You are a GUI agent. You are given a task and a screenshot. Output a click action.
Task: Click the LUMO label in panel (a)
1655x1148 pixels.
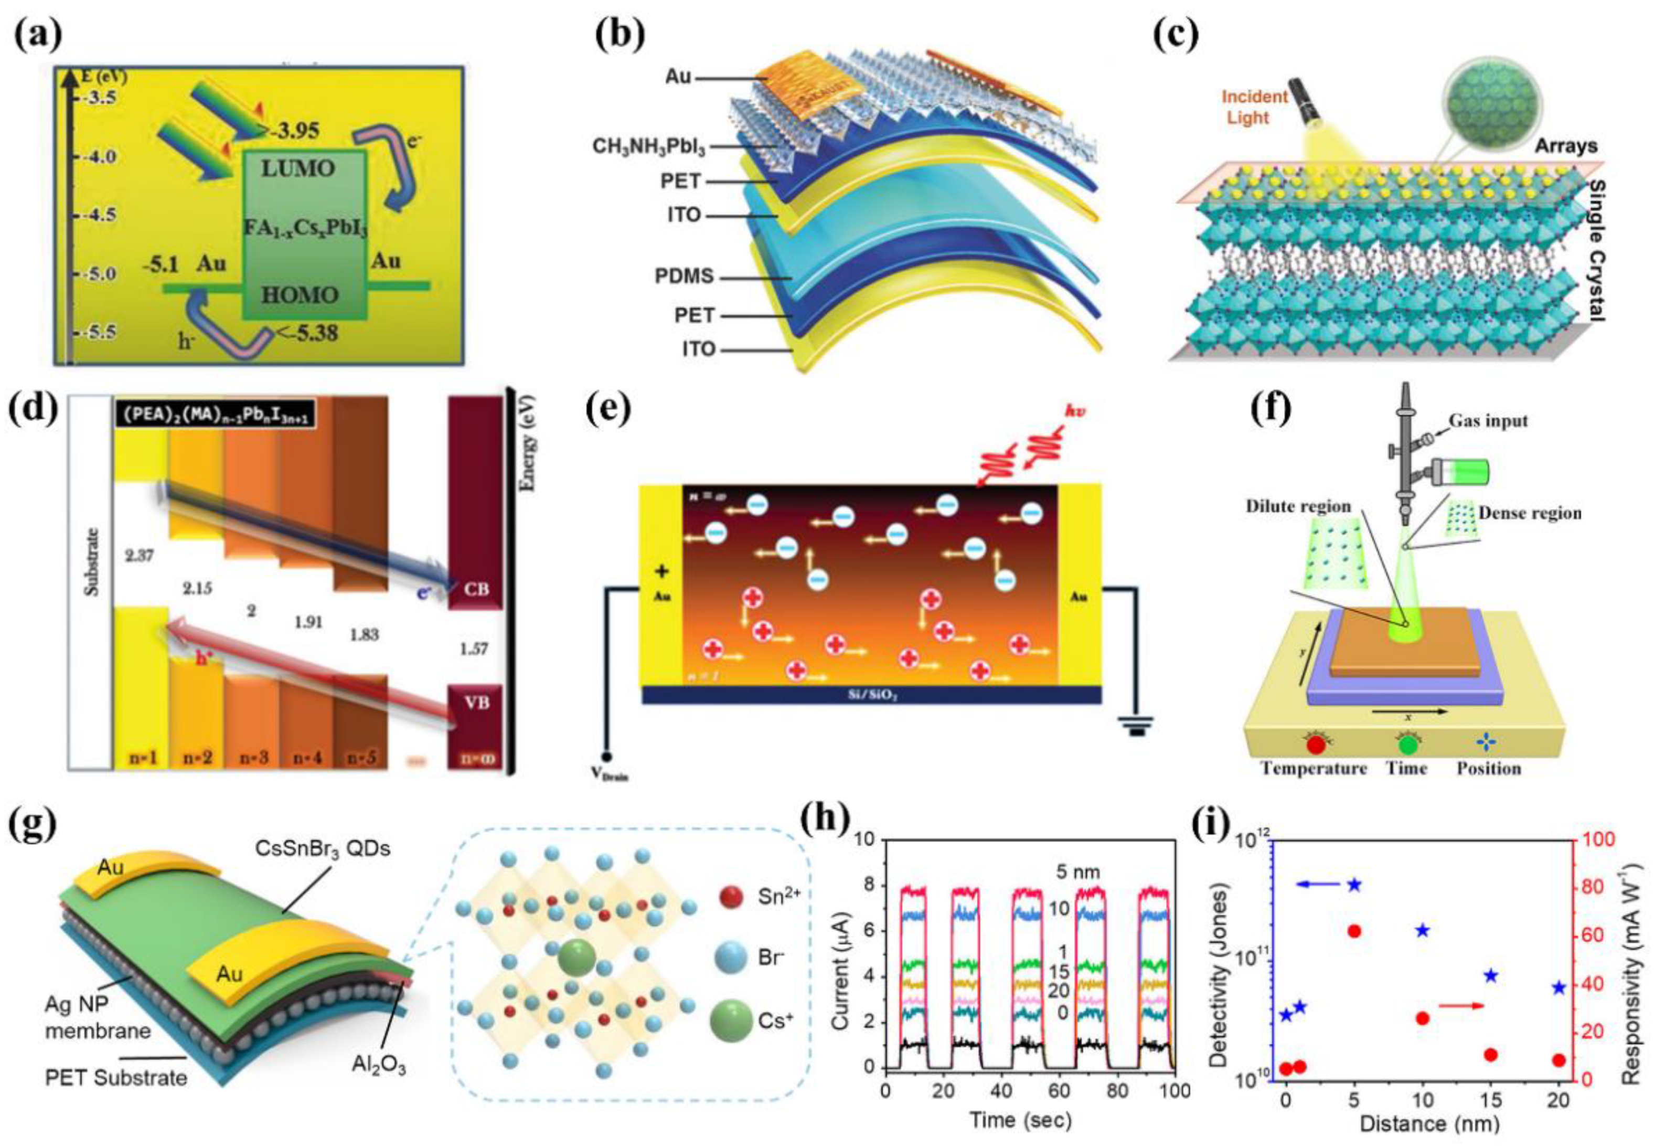(x=297, y=168)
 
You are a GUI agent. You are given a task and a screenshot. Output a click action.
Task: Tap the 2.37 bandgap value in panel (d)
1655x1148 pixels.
(x=139, y=555)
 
